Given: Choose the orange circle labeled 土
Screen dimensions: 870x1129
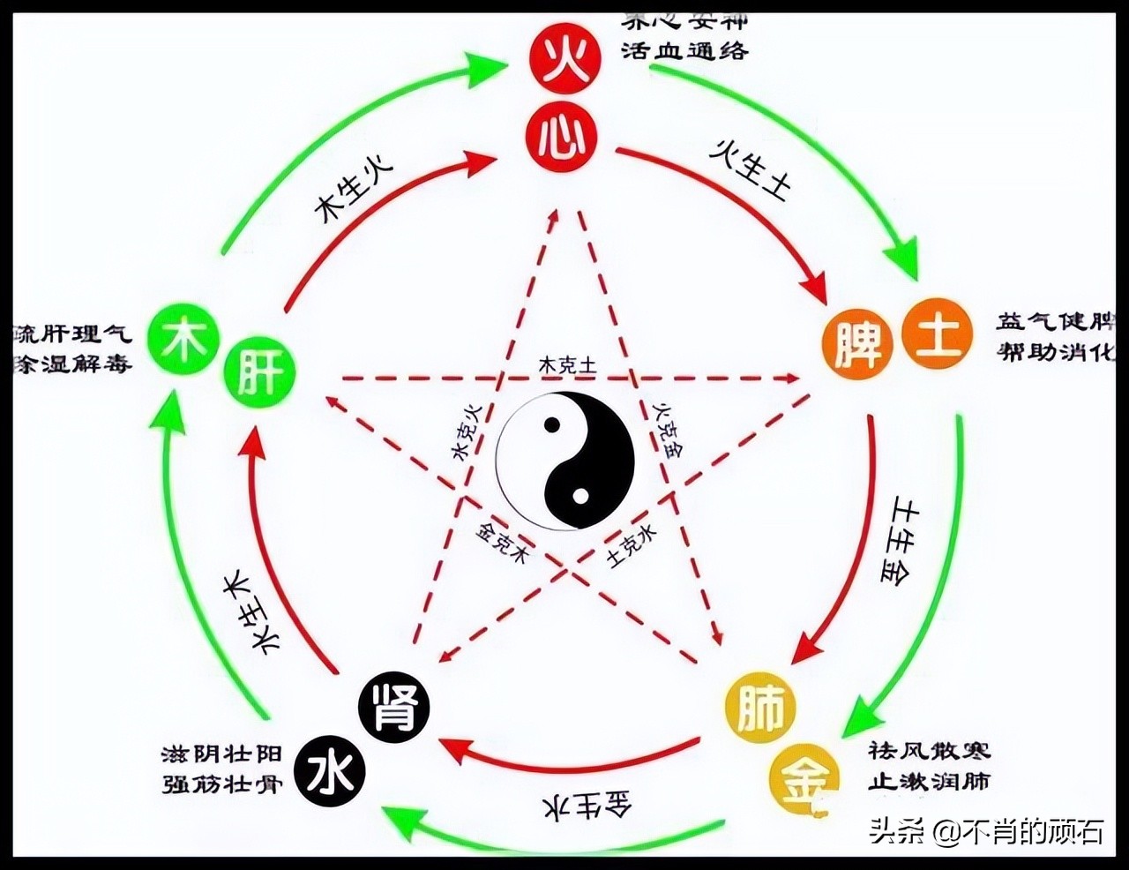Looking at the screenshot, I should click(936, 336).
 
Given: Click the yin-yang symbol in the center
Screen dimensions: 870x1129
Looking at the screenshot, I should click(565, 461).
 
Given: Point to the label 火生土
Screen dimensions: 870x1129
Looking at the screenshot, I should click(751, 169).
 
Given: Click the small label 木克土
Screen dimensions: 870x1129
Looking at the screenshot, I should click(567, 364).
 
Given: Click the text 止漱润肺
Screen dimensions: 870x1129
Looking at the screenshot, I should click(928, 781).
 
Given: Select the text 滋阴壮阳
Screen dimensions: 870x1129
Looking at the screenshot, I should click(221, 754).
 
